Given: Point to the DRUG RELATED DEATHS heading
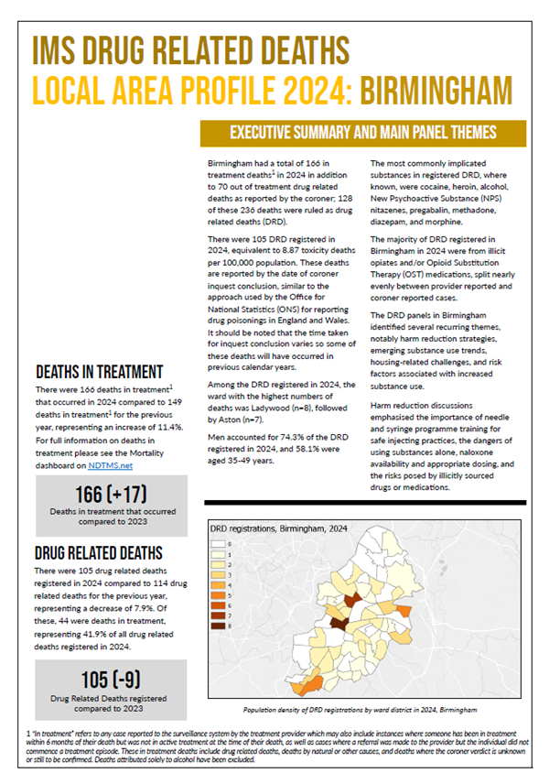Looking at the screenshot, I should (99, 553).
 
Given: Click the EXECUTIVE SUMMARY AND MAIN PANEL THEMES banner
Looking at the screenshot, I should (362, 132).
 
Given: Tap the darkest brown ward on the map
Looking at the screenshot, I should (339, 623).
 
